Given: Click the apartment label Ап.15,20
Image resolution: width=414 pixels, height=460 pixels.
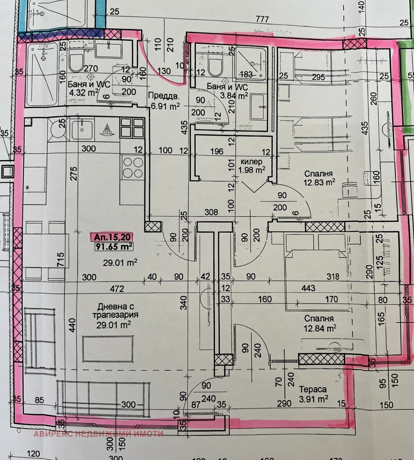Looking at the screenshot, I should point(111,237).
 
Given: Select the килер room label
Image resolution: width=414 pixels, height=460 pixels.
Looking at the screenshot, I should point(251,162).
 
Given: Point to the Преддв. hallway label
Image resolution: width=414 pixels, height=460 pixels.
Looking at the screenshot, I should point(164,96).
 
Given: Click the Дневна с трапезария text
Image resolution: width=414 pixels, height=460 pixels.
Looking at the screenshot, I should point(116,311).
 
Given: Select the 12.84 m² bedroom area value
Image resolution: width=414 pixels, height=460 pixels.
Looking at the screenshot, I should point(320,329).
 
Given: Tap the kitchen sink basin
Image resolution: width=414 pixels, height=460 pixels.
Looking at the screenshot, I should point(82,130).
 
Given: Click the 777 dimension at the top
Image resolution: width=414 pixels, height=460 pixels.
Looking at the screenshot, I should point(262,19).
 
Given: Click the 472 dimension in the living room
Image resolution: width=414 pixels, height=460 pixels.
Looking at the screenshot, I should point(117,288).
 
